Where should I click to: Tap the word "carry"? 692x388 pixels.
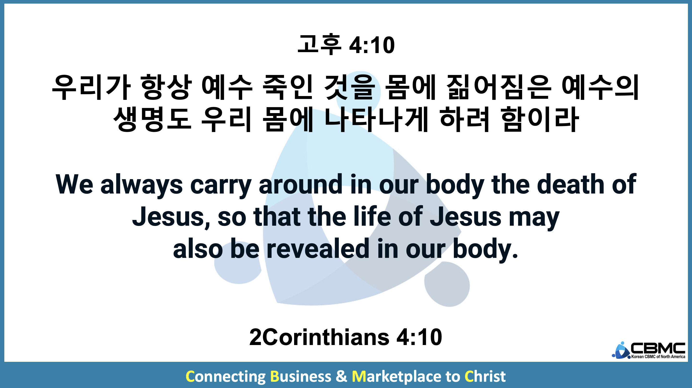coord(221,186)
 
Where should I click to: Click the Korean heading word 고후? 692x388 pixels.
coord(319,45)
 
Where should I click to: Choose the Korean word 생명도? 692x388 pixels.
coord(152,119)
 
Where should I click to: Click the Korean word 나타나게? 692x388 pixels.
coord(376,119)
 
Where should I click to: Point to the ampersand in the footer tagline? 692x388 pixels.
coord(341,376)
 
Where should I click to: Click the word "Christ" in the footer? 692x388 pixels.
coord(485,376)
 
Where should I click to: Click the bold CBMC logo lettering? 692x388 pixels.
coord(658,348)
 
